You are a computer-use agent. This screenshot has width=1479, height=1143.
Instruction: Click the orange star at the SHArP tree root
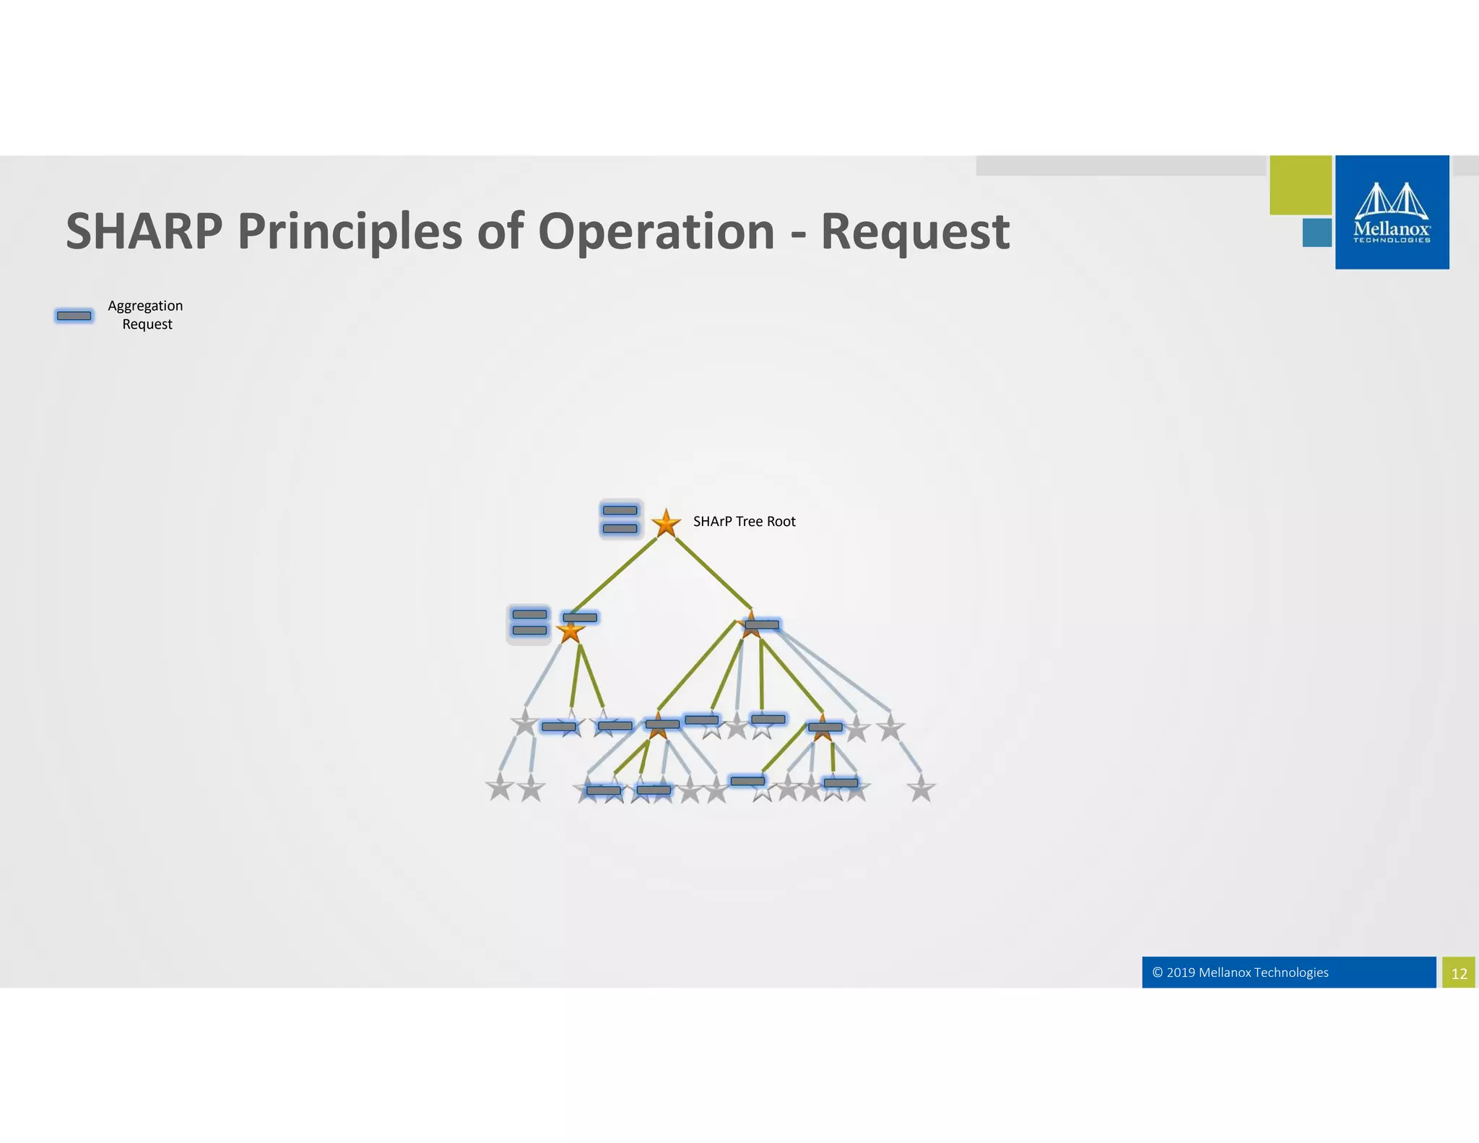tap(666, 523)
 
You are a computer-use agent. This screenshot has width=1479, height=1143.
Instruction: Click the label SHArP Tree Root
tap(744, 522)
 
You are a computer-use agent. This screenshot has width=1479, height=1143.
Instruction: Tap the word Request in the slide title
tap(914, 231)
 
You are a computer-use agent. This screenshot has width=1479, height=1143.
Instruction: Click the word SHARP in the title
tap(144, 231)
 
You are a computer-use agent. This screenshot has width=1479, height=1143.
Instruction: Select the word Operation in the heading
tap(656, 231)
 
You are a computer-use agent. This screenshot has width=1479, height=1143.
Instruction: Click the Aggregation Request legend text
tap(146, 315)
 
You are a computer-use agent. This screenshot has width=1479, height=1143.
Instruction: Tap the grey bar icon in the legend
tap(74, 316)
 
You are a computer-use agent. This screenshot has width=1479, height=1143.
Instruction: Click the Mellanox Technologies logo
tap(1392, 212)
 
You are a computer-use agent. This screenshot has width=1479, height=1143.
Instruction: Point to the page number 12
tap(1459, 973)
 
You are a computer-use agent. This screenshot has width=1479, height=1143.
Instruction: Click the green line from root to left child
tap(614, 576)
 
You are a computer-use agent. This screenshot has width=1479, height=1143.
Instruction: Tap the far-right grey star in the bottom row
tap(921, 789)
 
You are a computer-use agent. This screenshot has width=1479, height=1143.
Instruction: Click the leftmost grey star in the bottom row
tap(500, 788)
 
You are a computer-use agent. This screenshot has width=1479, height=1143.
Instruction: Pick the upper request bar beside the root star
tap(620, 510)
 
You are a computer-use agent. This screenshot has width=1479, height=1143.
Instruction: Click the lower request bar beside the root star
tap(620, 528)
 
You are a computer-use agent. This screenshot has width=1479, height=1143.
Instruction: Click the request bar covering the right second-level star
tap(762, 624)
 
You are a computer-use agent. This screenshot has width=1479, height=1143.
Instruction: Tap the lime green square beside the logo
tap(1300, 185)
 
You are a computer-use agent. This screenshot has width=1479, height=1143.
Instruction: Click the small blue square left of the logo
tap(1317, 233)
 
